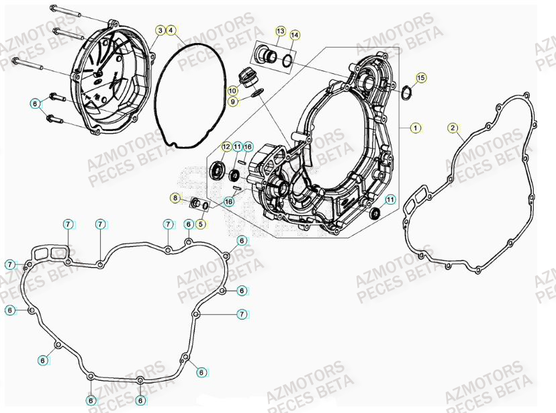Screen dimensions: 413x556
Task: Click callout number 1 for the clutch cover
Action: [416, 127]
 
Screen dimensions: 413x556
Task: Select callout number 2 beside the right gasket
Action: [453, 128]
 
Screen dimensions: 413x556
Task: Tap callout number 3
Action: [160, 30]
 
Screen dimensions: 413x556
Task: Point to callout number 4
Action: [171, 30]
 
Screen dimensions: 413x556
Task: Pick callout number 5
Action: [201, 224]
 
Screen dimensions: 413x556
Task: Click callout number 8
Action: [175, 198]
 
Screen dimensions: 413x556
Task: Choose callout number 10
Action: [232, 91]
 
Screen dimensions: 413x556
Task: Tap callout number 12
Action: [226, 146]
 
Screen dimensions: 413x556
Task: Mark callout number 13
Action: [280, 32]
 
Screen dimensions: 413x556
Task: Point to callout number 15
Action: [421, 78]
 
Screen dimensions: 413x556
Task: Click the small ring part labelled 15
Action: [407, 92]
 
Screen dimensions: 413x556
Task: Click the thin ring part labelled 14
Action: [287, 61]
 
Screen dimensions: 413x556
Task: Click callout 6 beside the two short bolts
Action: [36, 103]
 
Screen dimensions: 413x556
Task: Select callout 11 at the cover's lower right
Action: [390, 199]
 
